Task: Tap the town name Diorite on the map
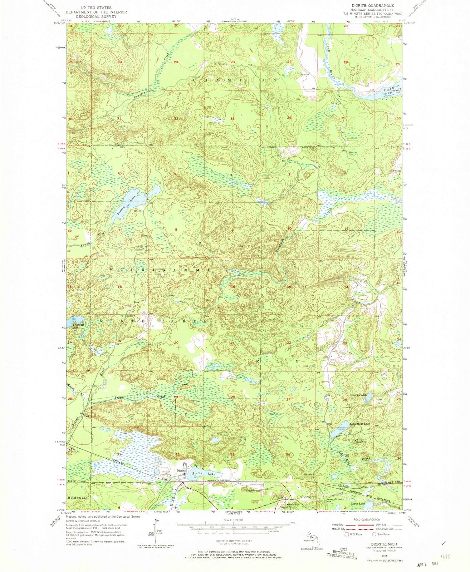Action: coord(181,471)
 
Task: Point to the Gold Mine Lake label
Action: coord(360,424)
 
